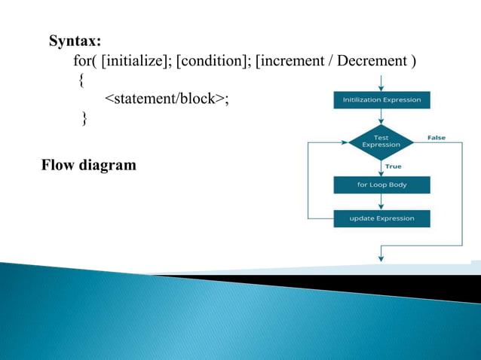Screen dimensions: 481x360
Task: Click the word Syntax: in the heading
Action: (x=75, y=41)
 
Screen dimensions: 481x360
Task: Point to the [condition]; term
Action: (x=213, y=60)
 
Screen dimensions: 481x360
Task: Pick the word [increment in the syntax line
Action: (x=291, y=60)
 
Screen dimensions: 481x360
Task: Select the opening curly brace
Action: (x=81, y=80)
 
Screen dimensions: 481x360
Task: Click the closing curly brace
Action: (x=84, y=118)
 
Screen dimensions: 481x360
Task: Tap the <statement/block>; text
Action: (x=167, y=99)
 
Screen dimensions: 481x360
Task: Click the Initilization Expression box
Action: (x=381, y=99)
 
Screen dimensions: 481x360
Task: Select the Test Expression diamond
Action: (x=381, y=141)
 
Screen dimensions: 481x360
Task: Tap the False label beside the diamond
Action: (x=437, y=138)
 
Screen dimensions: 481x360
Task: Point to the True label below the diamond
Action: (x=394, y=166)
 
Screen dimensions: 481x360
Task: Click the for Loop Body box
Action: (x=381, y=185)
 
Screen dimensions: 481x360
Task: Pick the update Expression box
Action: (x=381, y=218)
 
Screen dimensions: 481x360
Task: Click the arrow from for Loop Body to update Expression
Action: (x=381, y=202)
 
